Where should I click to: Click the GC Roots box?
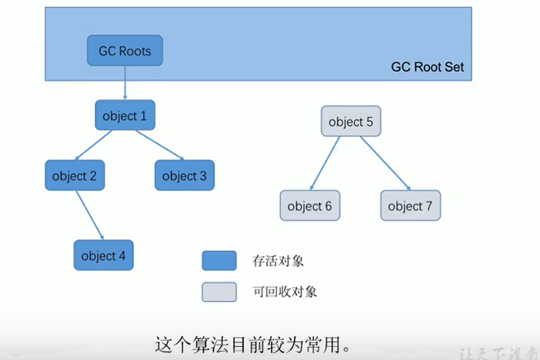pyautogui.click(x=125, y=51)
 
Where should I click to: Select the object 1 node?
pyautogui.click(x=125, y=116)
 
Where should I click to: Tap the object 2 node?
pyautogui.click(x=75, y=175)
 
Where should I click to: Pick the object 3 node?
pyautogui.click(x=184, y=175)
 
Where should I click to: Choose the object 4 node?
pyautogui.click(x=103, y=256)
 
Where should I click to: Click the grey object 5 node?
pyautogui.click(x=350, y=122)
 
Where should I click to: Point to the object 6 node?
pyautogui.click(x=309, y=205)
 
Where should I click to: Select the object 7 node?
pyautogui.click(x=410, y=205)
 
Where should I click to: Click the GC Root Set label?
pyautogui.click(x=427, y=68)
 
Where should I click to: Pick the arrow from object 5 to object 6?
pyautogui.click(x=325, y=163)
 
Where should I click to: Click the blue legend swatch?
pyautogui.click(x=219, y=260)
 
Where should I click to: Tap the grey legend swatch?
pyautogui.click(x=219, y=292)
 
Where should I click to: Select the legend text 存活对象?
pyautogui.click(x=278, y=261)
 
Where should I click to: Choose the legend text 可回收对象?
pyautogui.click(x=285, y=292)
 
